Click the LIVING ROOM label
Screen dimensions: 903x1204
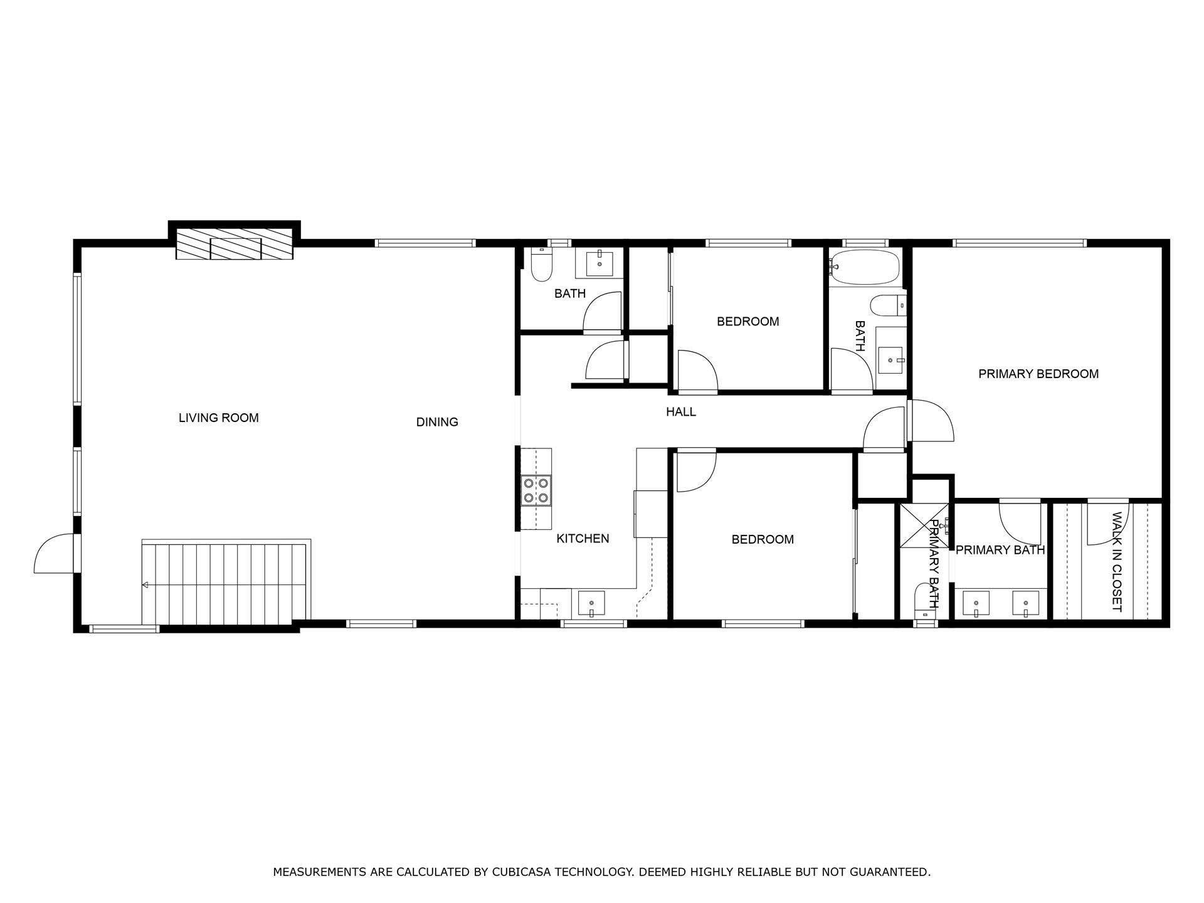click(x=218, y=418)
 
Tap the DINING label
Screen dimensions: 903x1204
click(x=437, y=422)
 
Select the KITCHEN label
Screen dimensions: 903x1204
click(x=583, y=538)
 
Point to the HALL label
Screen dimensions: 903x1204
click(x=680, y=412)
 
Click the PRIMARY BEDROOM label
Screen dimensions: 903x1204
click(x=1038, y=374)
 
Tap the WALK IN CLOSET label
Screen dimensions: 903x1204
click(x=1116, y=562)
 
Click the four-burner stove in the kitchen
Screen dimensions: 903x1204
click(x=536, y=490)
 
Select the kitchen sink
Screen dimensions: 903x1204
click(x=591, y=604)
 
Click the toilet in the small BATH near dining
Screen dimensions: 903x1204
click(x=541, y=266)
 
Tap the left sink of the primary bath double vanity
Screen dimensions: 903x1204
click(x=976, y=603)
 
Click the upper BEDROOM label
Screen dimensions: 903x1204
click(x=747, y=322)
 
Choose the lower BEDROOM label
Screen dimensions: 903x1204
click(x=763, y=539)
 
